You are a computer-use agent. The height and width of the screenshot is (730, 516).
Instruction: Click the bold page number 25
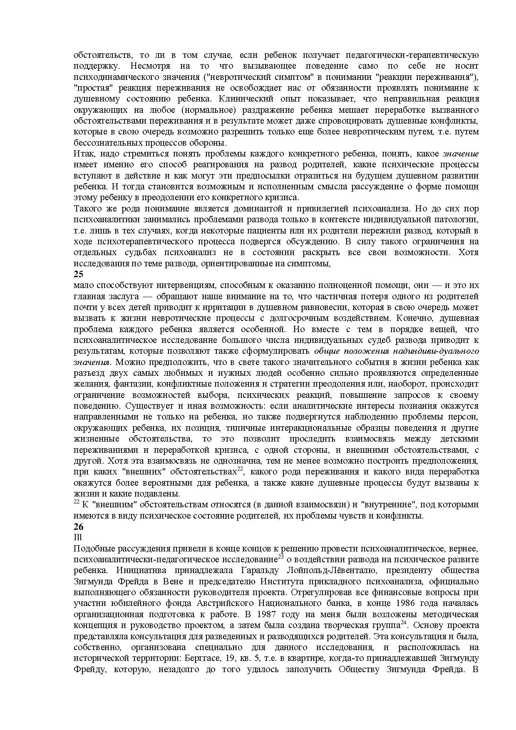(x=78, y=274)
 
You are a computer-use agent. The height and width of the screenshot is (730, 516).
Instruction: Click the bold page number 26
(x=78, y=526)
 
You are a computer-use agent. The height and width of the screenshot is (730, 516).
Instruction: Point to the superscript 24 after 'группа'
(x=403, y=623)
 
